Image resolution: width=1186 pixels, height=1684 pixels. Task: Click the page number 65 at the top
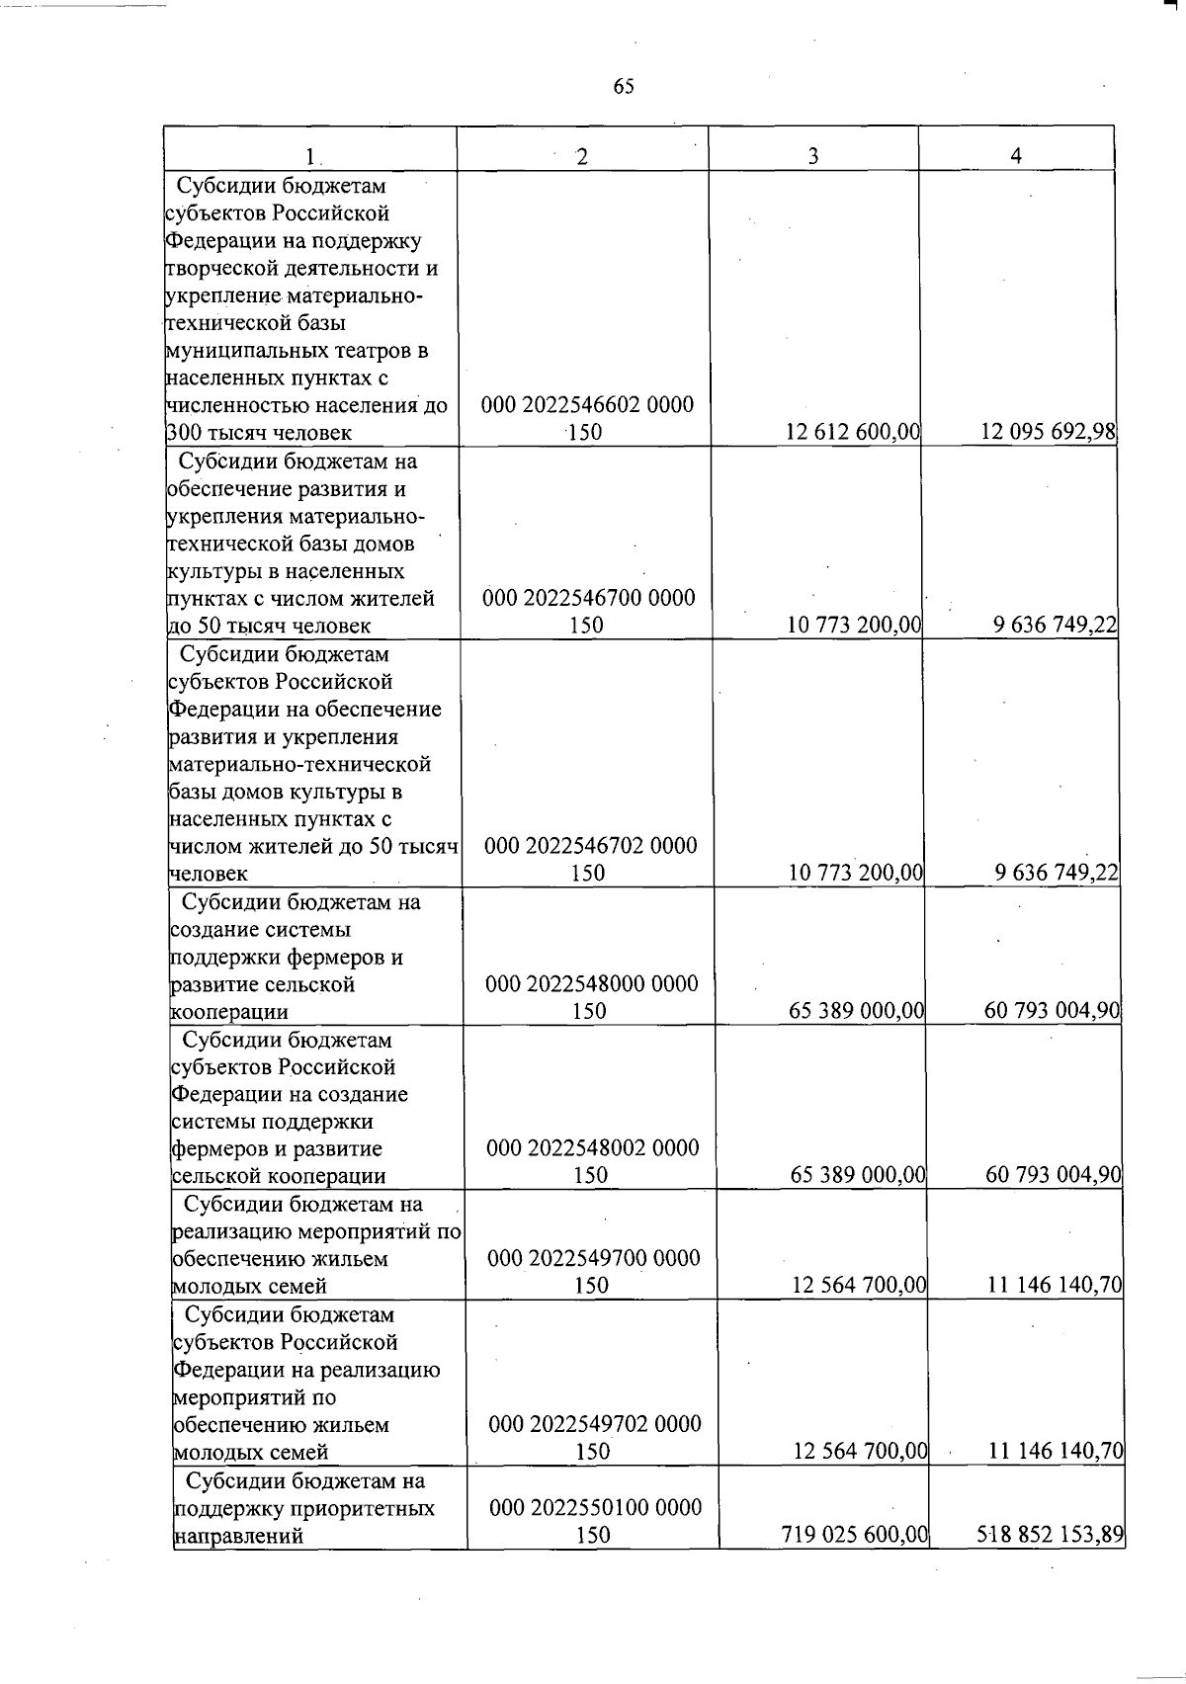click(624, 86)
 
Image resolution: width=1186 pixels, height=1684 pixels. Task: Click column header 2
click(583, 156)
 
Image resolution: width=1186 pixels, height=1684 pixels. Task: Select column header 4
click(1016, 156)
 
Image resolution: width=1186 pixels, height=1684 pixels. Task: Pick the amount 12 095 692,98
click(1048, 432)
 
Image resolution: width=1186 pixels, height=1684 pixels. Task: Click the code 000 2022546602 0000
click(587, 405)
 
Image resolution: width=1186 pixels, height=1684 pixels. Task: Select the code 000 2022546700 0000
click(588, 598)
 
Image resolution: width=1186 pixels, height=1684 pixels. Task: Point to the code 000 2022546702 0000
click(590, 846)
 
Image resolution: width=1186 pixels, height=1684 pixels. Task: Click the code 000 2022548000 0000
click(591, 984)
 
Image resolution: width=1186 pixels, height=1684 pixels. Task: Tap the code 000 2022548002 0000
click(592, 1148)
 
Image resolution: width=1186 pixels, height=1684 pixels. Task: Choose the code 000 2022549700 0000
click(593, 1259)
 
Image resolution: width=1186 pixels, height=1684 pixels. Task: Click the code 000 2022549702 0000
click(594, 1425)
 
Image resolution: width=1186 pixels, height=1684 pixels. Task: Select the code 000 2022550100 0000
click(595, 1508)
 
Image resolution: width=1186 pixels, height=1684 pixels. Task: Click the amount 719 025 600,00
click(854, 1535)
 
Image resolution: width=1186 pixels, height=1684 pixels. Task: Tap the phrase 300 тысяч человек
click(259, 433)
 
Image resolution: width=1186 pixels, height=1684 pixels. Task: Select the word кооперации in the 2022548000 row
click(229, 1012)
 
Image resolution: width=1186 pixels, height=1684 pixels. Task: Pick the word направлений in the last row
click(238, 1537)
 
